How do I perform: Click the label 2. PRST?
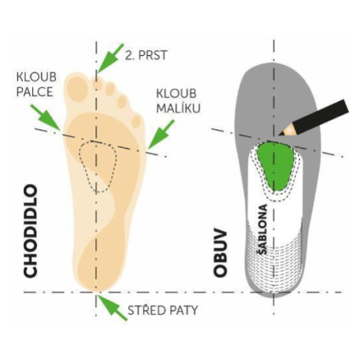point(146,55)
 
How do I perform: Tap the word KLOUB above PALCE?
point(36,77)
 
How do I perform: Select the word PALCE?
point(34,92)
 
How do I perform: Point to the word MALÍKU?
point(178,108)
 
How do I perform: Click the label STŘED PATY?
point(162,310)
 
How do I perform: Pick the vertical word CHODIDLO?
point(31,231)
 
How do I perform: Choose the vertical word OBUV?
point(220,254)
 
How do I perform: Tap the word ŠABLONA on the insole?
point(262,229)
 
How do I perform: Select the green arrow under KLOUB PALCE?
point(45,117)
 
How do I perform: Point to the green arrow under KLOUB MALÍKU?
point(161,135)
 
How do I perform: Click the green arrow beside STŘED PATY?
point(113,307)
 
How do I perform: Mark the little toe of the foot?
point(137,121)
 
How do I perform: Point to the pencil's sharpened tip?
point(280,134)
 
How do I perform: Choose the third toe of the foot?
point(110,88)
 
